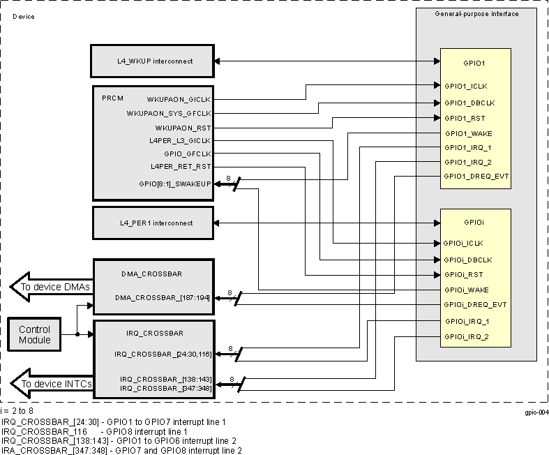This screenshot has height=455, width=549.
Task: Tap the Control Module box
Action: click(34, 334)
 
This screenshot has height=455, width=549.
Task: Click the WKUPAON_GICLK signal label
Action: click(179, 99)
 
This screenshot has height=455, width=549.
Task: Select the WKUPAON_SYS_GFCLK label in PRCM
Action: click(169, 113)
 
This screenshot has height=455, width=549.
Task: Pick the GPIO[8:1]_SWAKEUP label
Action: click(176, 184)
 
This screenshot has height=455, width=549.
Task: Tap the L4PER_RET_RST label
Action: click(181, 166)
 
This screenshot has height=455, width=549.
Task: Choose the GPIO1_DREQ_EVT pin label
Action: click(476, 177)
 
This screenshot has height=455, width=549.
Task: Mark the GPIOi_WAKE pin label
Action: click(466, 289)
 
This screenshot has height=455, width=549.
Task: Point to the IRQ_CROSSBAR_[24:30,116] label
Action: click(163, 355)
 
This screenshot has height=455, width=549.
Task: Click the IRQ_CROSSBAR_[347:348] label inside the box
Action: click(165, 387)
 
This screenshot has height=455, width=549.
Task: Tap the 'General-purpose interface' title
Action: click(476, 14)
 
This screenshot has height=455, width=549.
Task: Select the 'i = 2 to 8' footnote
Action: click(17, 412)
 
